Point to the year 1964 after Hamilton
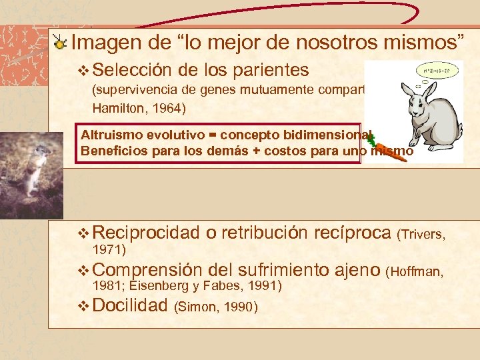point(171,107)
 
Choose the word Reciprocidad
point(145,233)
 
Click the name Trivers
point(425,234)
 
